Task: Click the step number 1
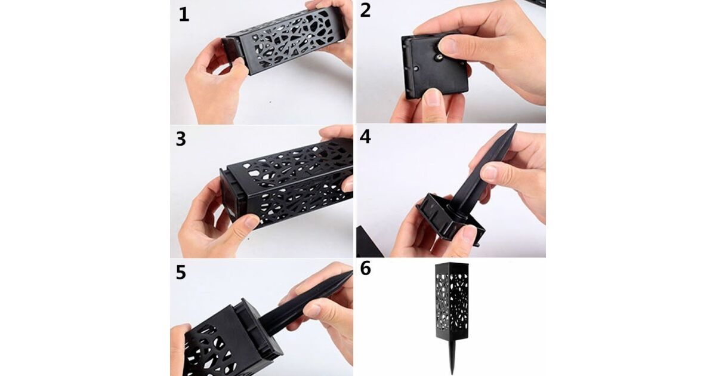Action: point(184,15)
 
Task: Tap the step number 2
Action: point(365,11)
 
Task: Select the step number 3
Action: point(181,139)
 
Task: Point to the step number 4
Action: point(365,137)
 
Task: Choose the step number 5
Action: point(181,273)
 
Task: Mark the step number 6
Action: point(365,269)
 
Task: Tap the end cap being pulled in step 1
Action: point(229,52)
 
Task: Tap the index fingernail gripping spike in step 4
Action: point(490,172)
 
